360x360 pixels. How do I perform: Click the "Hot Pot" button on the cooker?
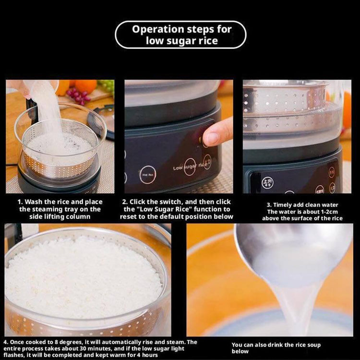pos(147,174)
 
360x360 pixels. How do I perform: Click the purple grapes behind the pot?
pos(78,95)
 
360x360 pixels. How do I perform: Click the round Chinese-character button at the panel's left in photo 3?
pos(267,182)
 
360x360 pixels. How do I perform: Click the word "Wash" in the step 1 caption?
pos(34,202)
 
